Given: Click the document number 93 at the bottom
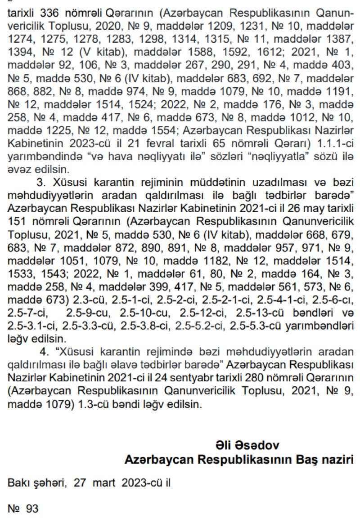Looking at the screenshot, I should (x=32, y=509).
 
